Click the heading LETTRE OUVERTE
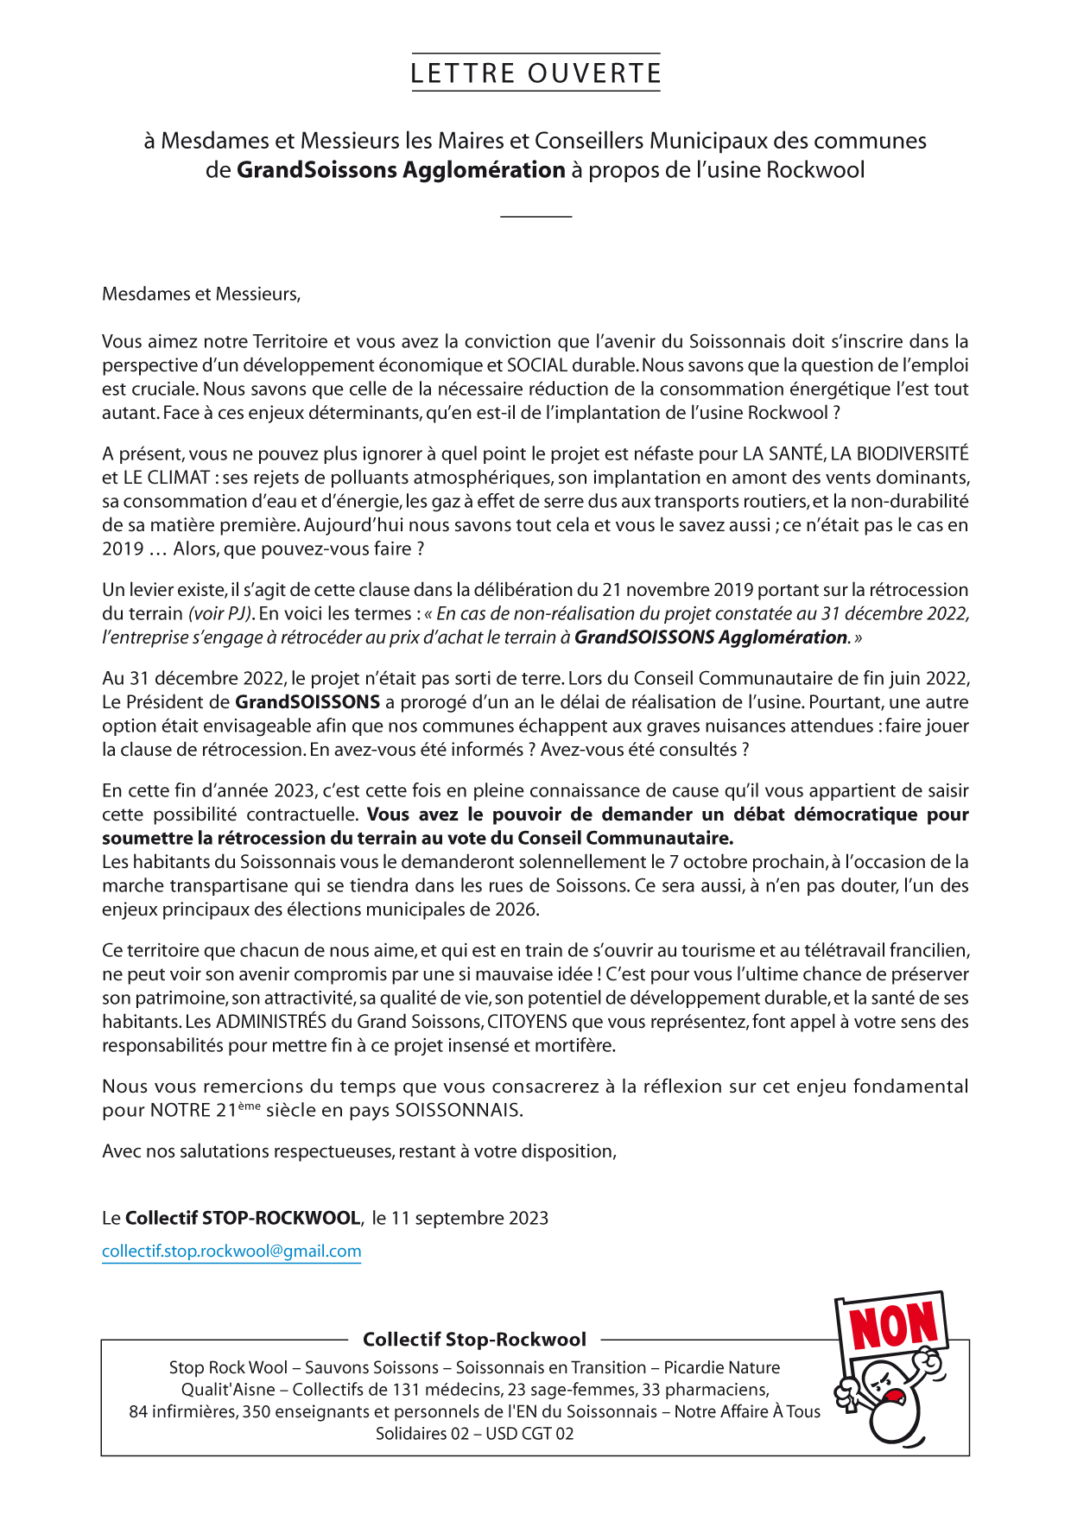(535, 73)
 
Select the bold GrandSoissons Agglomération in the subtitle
(401, 169)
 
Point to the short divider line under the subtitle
(535, 216)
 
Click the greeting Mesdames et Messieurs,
(201, 294)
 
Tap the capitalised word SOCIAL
(537, 365)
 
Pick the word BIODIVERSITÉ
(912, 453)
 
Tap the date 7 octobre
(702, 862)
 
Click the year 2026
(516, 910)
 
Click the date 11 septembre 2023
(469, 1218)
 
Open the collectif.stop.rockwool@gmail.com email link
(231, 1251)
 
